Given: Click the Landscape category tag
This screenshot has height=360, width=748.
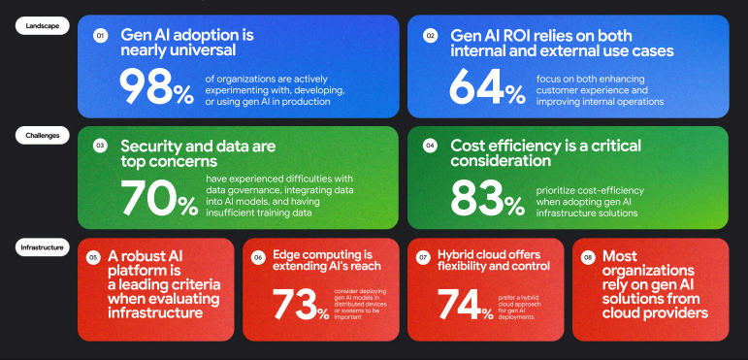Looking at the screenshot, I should coord(42,26).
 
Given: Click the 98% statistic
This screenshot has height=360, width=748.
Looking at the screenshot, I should coord(156,86).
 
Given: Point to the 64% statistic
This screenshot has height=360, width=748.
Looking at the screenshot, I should coord(486,86).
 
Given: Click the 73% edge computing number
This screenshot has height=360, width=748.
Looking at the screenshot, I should coord(300,304).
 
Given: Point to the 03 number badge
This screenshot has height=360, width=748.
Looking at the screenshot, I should coord(100,146).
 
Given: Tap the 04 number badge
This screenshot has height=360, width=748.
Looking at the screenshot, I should coord(430,146).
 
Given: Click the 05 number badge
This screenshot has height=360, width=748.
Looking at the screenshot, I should coord(93,257).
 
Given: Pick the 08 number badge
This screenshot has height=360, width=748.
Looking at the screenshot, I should coord(589,257).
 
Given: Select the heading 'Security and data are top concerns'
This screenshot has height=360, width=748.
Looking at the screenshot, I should coord(198,152).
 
